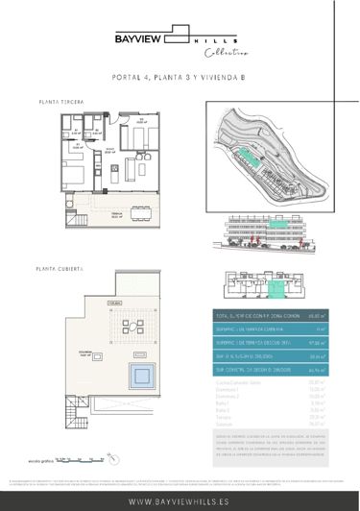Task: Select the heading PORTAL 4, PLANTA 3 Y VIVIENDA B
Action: (x=180, y=80)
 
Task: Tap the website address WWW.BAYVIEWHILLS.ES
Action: (x=180, y=500)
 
